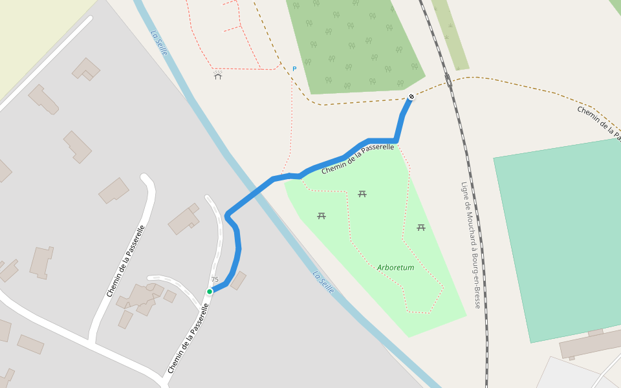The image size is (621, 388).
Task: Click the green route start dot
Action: click(210, 292)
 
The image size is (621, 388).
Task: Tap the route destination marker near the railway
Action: click(411, 97)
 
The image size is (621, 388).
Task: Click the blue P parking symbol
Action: click(294, 69)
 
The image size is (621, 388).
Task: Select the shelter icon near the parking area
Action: click(218, 76)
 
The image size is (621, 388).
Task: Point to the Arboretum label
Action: click(395, 267)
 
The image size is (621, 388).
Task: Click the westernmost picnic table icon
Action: click(321, 215)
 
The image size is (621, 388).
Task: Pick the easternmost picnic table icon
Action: click(421, 227)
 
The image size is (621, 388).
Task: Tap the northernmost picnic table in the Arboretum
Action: click(362, 193)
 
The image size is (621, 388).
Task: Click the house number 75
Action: click(215, 280)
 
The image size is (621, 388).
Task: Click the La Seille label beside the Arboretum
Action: click(323, 282)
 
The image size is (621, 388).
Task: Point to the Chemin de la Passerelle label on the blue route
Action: click(358, 158)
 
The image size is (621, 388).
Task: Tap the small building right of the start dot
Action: click(238, 281)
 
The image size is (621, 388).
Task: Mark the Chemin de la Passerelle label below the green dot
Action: click(188, 338)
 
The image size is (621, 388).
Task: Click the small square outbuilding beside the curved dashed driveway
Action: click(170, 296)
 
